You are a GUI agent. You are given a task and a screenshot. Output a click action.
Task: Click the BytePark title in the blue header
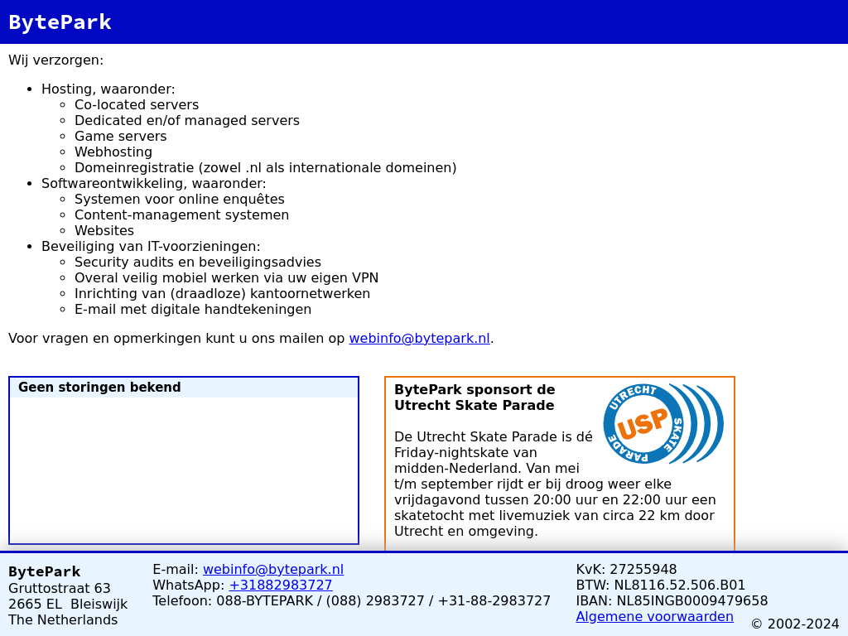point(60,22)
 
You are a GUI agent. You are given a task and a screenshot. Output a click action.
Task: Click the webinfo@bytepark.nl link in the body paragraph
point(419,338)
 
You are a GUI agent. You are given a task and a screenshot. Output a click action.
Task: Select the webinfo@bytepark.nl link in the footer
point(273,569)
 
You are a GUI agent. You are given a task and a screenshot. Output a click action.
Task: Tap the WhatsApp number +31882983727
point(280,585)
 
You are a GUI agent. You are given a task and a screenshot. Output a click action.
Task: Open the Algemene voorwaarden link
point(654,616)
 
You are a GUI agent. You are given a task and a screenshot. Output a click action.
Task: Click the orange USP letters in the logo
point(643,423)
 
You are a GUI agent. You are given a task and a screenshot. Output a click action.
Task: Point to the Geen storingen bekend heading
point(99,388)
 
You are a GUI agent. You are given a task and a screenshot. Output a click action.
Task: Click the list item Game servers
point(121,136)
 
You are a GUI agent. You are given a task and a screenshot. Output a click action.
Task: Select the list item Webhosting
point(113,152)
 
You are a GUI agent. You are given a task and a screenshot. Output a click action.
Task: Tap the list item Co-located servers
point(137,104)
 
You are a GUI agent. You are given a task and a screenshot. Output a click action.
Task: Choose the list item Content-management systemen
point(181,214)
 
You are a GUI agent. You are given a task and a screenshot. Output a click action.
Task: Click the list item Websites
point(104,230)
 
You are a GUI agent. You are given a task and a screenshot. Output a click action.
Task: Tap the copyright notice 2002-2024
point(795,624)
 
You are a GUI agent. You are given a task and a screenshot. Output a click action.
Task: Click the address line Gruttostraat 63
point(60,588)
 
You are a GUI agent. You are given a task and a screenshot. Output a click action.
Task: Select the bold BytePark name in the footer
point(45,571)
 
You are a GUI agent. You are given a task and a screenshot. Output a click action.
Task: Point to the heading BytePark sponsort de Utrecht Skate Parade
point(475,397)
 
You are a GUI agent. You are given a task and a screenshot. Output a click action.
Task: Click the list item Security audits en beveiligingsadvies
point(198,262)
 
